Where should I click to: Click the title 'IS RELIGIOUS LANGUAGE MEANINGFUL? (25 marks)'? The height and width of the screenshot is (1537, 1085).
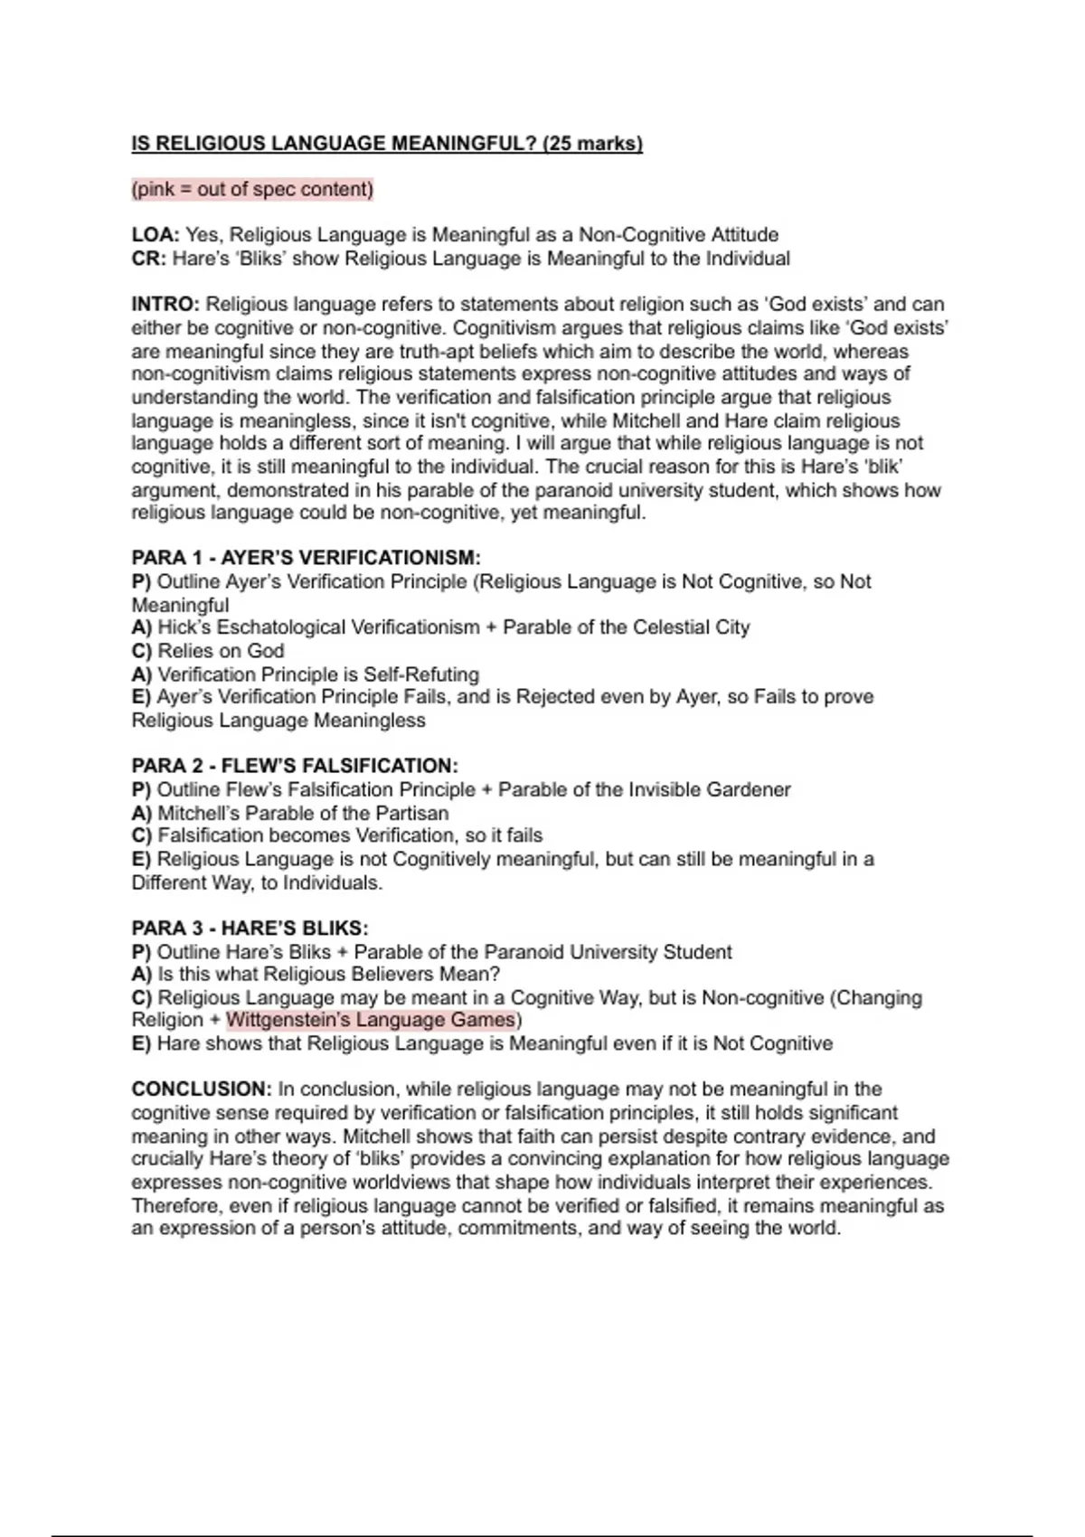[x=387, y=144]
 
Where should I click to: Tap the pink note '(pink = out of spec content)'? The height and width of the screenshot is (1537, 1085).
[x=252, y=189]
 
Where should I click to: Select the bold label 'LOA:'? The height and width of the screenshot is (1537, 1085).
[x=156, y=235]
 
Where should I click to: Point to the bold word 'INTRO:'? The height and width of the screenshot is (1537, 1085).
[x=165, y=305]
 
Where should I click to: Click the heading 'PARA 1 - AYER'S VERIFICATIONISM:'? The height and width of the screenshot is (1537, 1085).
[x=306, y=558]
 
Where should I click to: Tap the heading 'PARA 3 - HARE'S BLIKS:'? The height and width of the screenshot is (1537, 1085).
[x=250, y=929]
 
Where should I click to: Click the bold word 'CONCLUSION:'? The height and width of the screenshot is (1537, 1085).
[x=202, y=1089]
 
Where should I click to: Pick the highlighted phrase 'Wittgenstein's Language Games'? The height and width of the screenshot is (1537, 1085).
[x=371, y=1020]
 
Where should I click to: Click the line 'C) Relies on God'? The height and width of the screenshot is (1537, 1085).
[x=208, y=651]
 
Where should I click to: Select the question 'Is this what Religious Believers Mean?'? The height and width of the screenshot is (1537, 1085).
[x=328, y=975]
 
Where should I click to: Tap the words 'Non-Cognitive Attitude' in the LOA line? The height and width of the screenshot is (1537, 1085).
[x=678, y=235]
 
